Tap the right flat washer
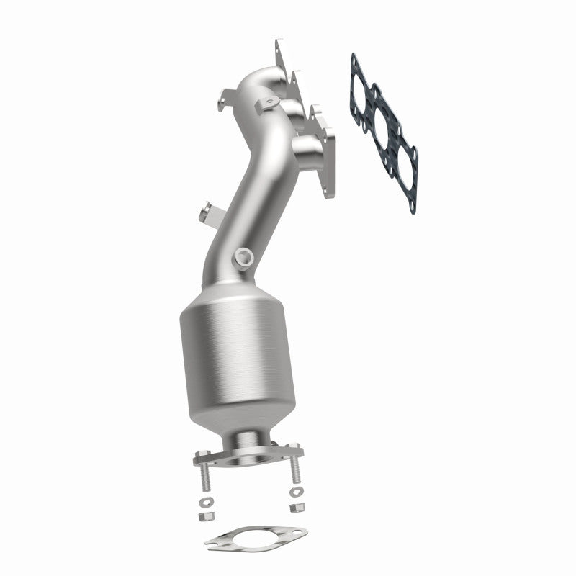coord(295,493)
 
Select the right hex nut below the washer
coord(295,508)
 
